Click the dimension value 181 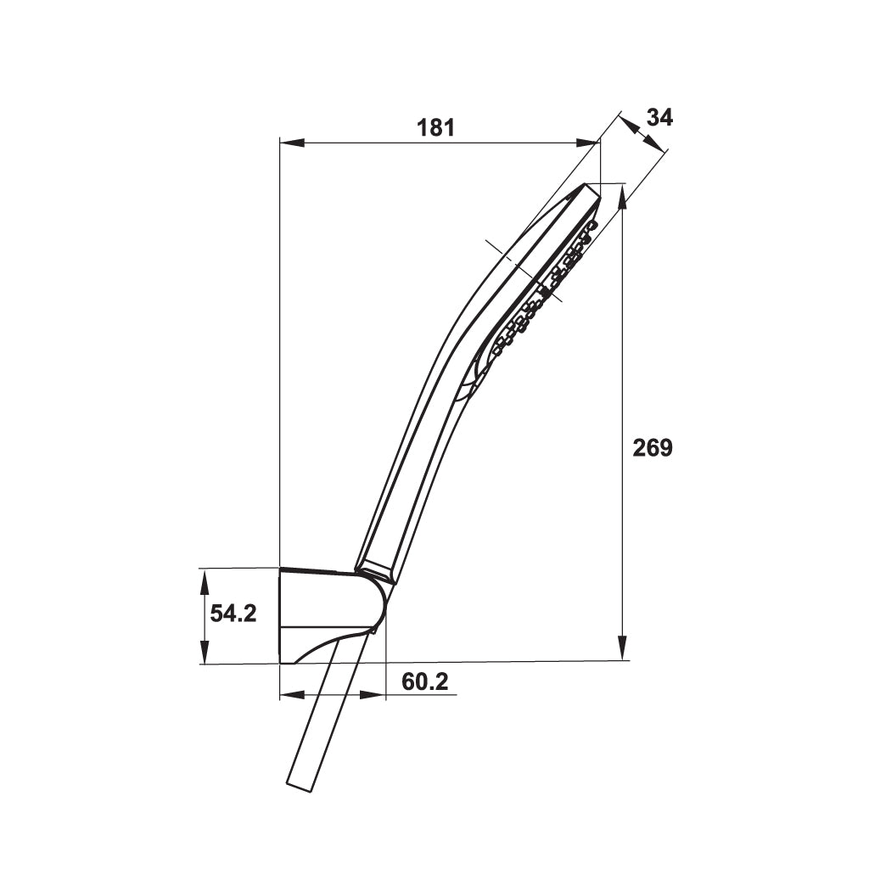(435, 128)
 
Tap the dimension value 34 (659, 117)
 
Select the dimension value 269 (653, 447)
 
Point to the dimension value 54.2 (233, 614)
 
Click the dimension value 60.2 (424, 681)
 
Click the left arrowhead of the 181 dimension (293, 143)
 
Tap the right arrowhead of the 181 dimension (587, 143)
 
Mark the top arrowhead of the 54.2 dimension (205, 583)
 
